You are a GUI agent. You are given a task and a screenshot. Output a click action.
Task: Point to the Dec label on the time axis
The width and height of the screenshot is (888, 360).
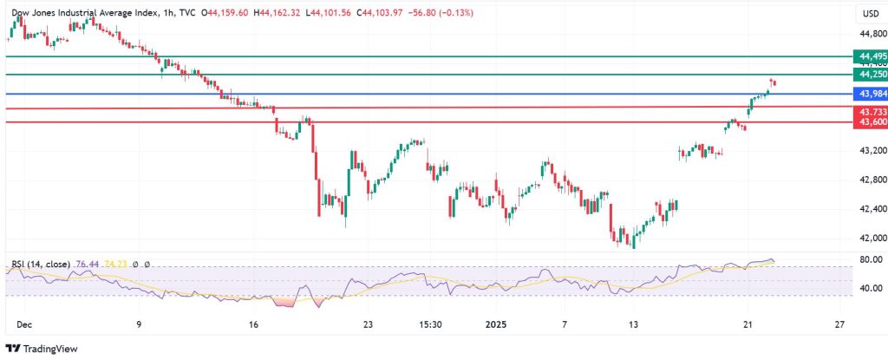coord(23,324)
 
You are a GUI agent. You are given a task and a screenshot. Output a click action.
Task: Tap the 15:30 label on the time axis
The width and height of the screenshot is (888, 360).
coord(431,324)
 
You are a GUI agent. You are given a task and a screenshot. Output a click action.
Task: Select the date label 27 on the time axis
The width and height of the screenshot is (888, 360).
coord(839,324)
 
